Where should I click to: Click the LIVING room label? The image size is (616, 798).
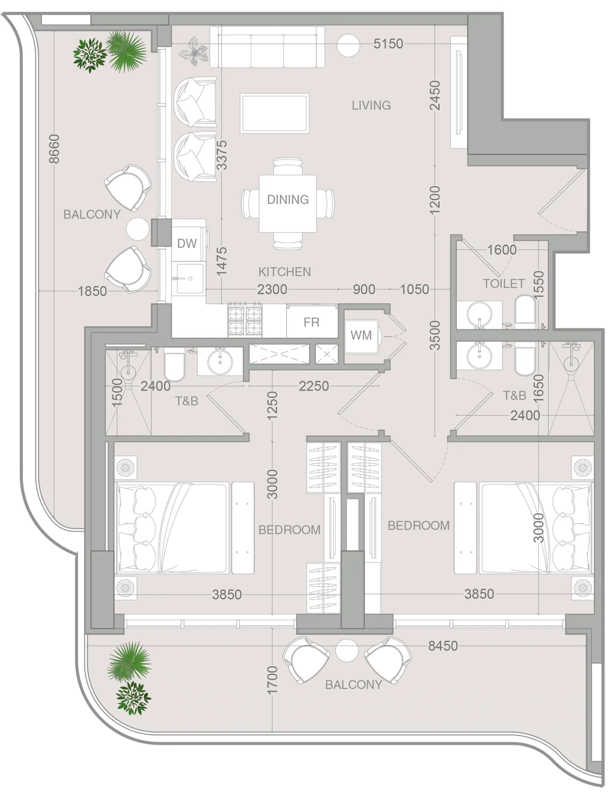click(x=371, y=105)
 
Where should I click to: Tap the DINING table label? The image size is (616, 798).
click(x=287, y=199)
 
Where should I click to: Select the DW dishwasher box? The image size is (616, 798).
click(x=186, y=243)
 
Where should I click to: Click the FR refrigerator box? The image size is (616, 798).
click(x=311, y=322)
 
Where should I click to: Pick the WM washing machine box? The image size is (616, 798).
click(x=361, y=335)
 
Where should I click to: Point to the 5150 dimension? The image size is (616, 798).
click(x=388, y=44)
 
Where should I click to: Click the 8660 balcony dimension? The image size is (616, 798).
click(x=54, y=149)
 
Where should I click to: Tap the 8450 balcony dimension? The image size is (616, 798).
click(x=443, y=646)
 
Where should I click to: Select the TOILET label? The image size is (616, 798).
click(x=503, y=283)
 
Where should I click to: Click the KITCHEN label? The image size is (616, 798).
click(x=284, y=272)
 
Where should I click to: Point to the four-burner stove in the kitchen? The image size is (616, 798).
click(x=245, y=320)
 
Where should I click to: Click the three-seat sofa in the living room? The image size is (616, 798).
click(x=267, y=47)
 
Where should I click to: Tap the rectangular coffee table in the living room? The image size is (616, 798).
click(x=274, y=113)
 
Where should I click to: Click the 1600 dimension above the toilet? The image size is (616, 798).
click(x=501, y=250)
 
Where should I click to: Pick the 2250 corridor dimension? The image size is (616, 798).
click(x=313, y=386)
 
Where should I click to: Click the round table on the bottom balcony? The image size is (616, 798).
click(x=347, y=651)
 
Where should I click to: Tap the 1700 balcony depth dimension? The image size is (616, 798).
click(x=272, y=680)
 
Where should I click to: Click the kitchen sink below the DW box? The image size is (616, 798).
click(x=190, y=278)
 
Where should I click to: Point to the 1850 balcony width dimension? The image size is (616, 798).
click(x=92, y=291)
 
